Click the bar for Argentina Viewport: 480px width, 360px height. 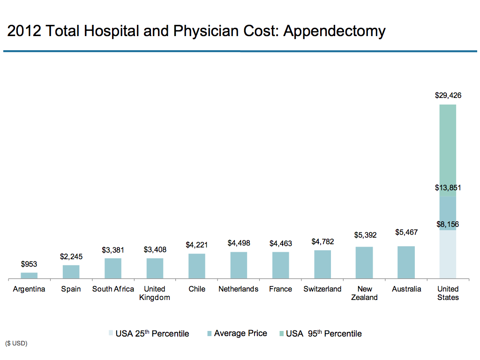(29, 276)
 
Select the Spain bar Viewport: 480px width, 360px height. (71, 272)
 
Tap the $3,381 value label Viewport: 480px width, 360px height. (113, 250)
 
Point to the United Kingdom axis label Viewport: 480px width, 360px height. (155, 293)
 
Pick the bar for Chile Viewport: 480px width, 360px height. (197, 266)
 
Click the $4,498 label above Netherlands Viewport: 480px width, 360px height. (239, 243)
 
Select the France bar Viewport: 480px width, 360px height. (281, 265)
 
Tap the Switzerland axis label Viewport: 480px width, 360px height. (322, 289)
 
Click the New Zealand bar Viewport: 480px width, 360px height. (364, 262)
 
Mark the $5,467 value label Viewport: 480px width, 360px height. (406, 232)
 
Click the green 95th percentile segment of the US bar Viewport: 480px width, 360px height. (448, 150)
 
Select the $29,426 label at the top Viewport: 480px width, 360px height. (448, 95)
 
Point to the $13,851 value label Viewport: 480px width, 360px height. (448, 188)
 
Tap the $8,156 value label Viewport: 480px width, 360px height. (448, 224)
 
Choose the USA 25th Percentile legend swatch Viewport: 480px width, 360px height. (111, 334)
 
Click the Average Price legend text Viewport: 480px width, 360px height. (240, 333)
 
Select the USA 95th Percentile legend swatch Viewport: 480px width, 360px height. (281, 334)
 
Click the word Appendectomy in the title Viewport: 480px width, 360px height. (335, 31)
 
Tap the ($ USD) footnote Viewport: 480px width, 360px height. (17, 344)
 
